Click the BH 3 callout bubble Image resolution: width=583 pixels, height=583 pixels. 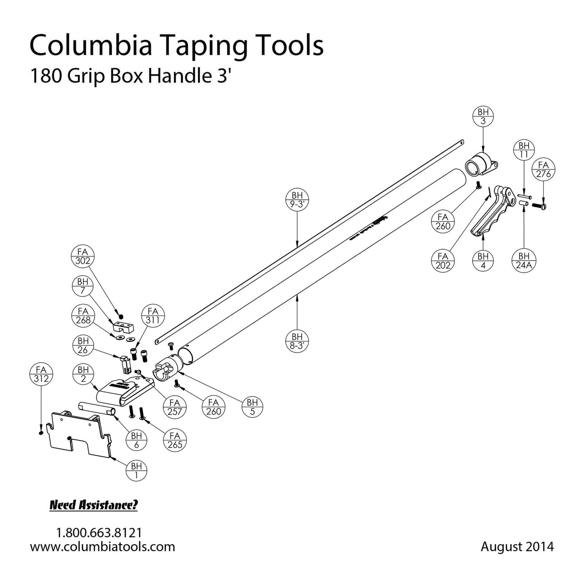point(483,117)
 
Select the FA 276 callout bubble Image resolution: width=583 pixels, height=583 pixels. point(544,170)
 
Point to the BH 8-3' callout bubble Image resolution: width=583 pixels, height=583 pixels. point(297,341)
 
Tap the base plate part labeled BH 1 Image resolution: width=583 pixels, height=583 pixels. point(79,435)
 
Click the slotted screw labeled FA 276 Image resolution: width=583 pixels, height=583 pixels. point(540,206)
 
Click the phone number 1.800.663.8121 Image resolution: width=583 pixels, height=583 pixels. point(99,533)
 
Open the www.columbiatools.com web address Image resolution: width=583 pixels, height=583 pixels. point(102,547)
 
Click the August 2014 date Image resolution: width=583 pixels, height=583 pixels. point(517,547)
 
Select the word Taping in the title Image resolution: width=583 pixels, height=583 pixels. point(207,46)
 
